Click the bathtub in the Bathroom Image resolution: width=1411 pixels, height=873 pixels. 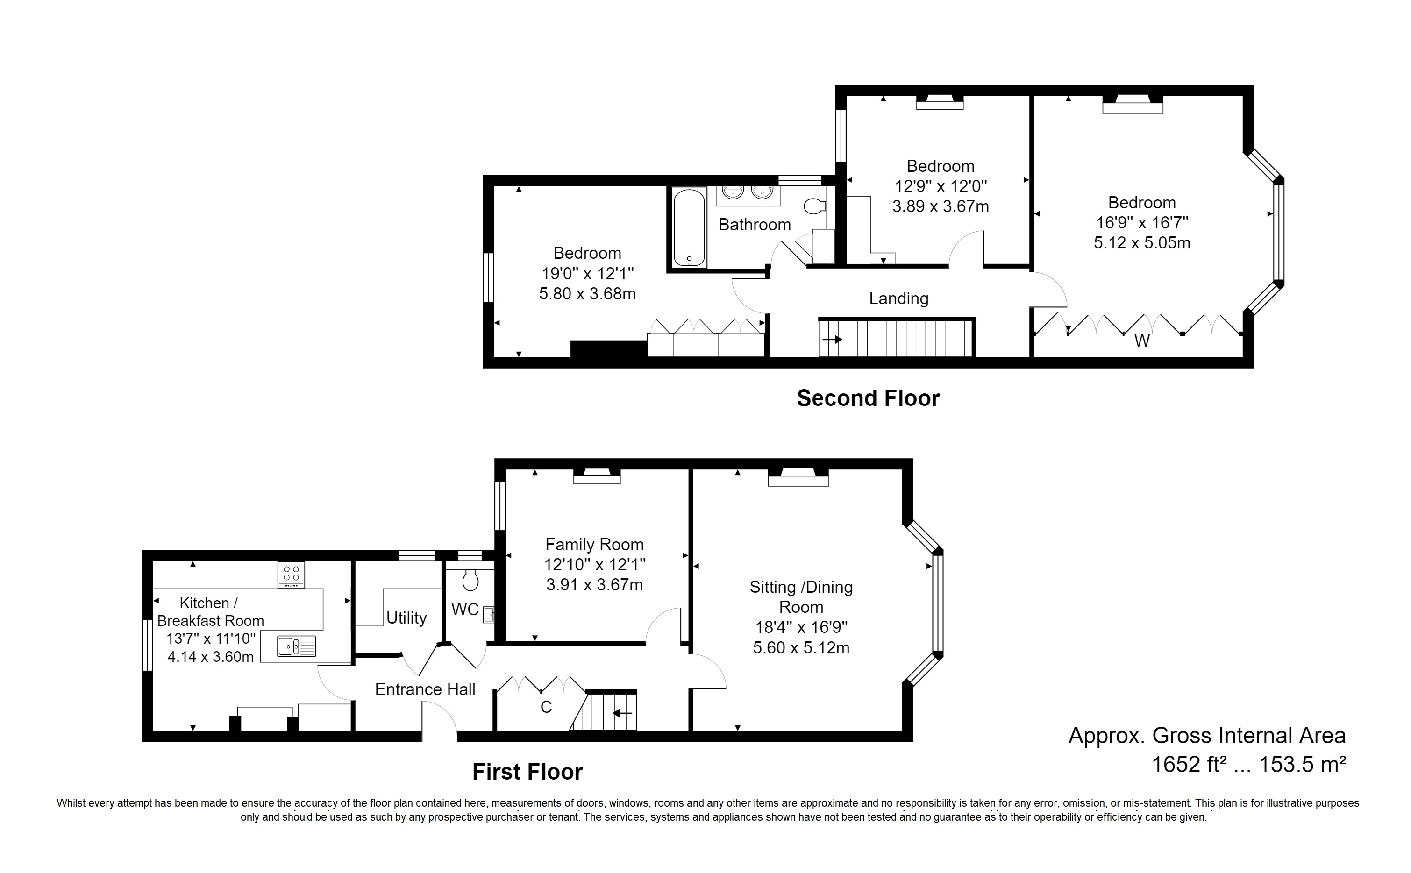click(689, 227)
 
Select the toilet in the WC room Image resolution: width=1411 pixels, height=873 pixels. click(470, 579)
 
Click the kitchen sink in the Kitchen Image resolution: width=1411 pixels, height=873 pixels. click(296, 646)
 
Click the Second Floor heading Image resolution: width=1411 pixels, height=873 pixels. click(868, 398)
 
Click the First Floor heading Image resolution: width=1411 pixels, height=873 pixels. click(527, 772)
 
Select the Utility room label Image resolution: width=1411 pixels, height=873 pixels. click(406, 618)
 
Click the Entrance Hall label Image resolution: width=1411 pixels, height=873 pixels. click(425, 689)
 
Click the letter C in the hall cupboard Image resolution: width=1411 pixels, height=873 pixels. click(546, 707)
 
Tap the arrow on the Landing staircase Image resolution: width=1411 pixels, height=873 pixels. click(832, 340)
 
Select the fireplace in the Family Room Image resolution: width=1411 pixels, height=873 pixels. click(596, 476)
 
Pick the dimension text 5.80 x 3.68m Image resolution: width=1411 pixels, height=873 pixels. click(587, 294)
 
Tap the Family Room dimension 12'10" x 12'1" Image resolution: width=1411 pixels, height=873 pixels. click(594, 565)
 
